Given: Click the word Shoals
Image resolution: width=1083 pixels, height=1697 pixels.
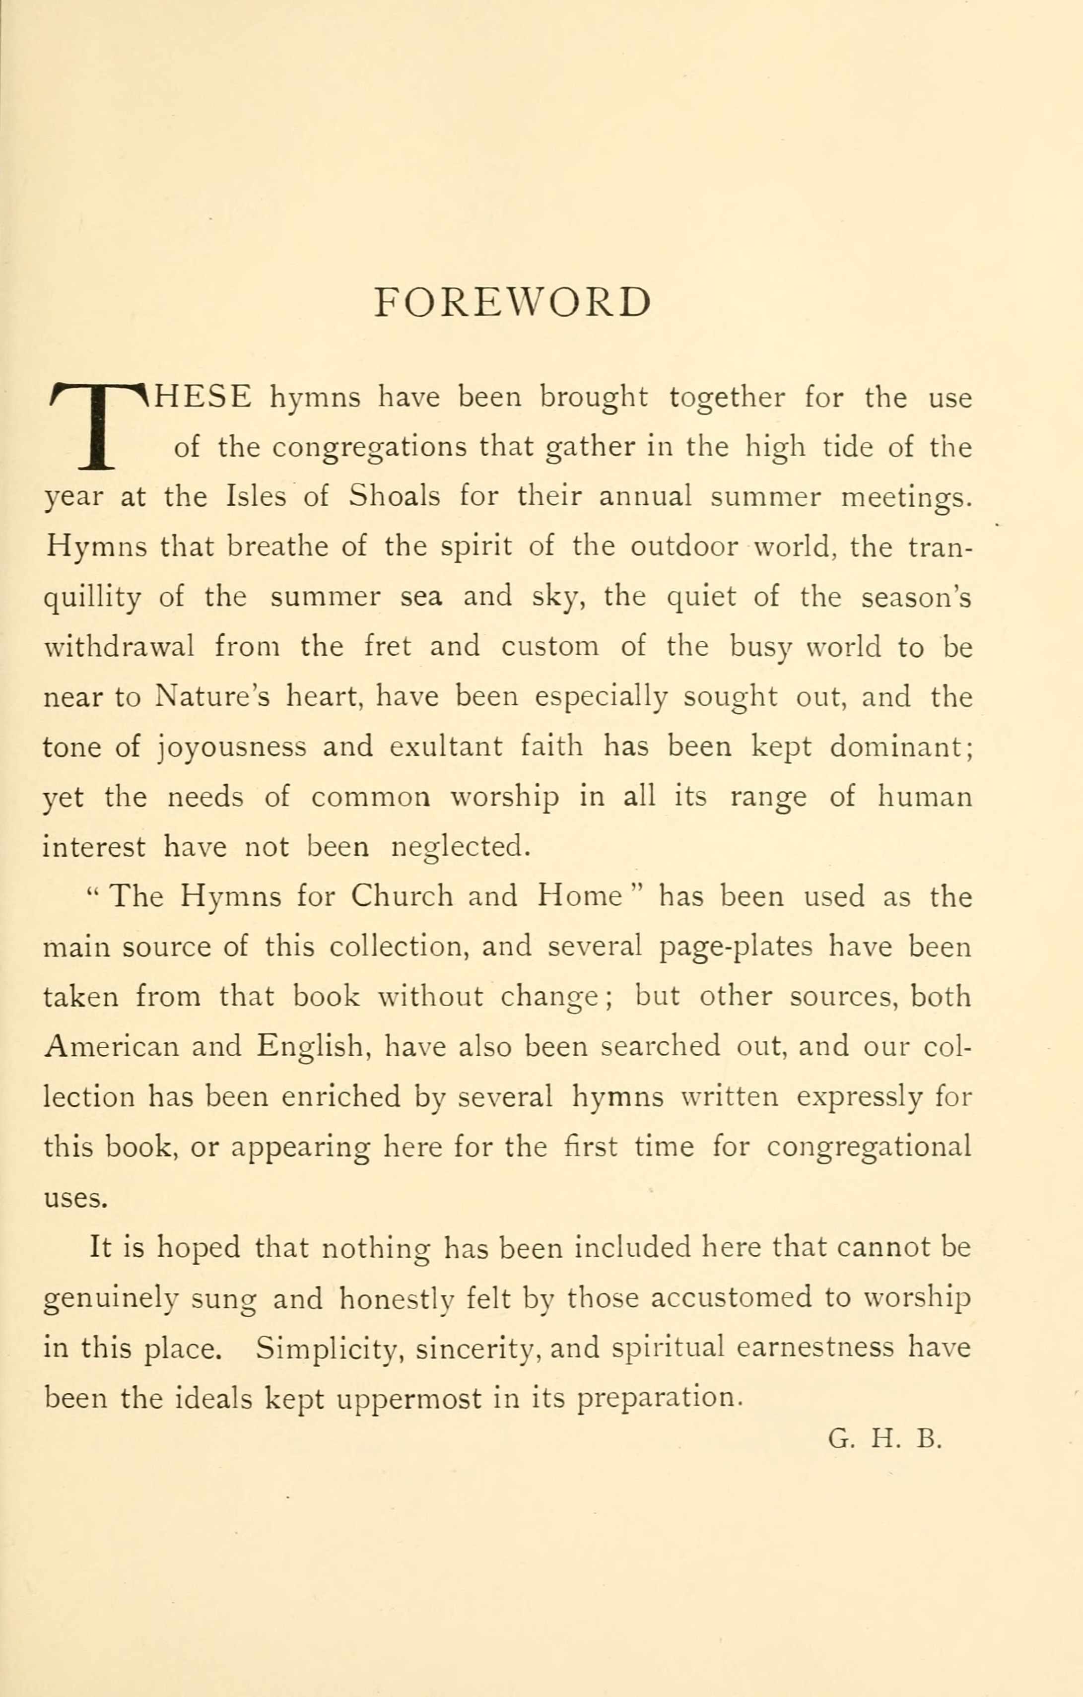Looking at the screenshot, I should (x=395, y=497).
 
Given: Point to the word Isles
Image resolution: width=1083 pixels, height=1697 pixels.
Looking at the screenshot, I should (x=256, y=497).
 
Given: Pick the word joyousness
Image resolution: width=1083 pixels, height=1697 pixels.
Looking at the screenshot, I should (x=231, y=747).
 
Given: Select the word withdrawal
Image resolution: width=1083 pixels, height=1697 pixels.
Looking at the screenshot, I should (x=119, y=646).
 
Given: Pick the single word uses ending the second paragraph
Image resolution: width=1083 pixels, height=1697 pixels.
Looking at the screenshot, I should (x=75, y=1199).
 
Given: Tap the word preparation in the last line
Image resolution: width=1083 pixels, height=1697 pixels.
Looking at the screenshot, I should (x=659, y=1399).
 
